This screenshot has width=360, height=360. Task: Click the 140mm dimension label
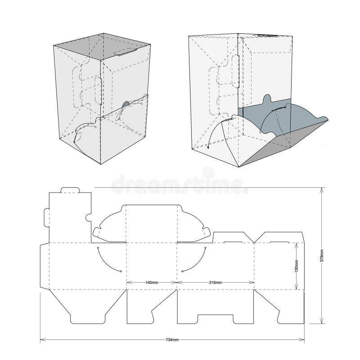point(152,283)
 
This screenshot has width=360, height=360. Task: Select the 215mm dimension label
point(216,283)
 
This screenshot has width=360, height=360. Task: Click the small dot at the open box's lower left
point(209,147)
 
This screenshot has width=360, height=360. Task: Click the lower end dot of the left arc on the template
point(121,271)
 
